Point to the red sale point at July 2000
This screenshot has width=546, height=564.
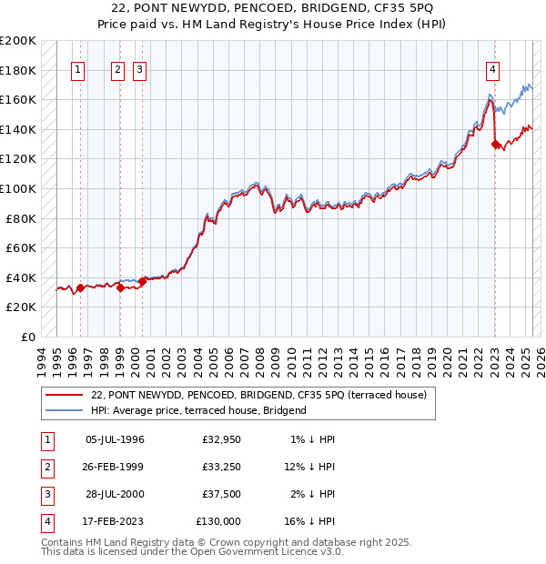[143, 281]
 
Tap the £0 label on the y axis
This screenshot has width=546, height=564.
[29, 337]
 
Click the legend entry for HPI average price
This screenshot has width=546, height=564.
[198, 410]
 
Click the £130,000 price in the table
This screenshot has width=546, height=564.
[218, 521]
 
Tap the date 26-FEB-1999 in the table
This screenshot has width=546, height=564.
[115, 467]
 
